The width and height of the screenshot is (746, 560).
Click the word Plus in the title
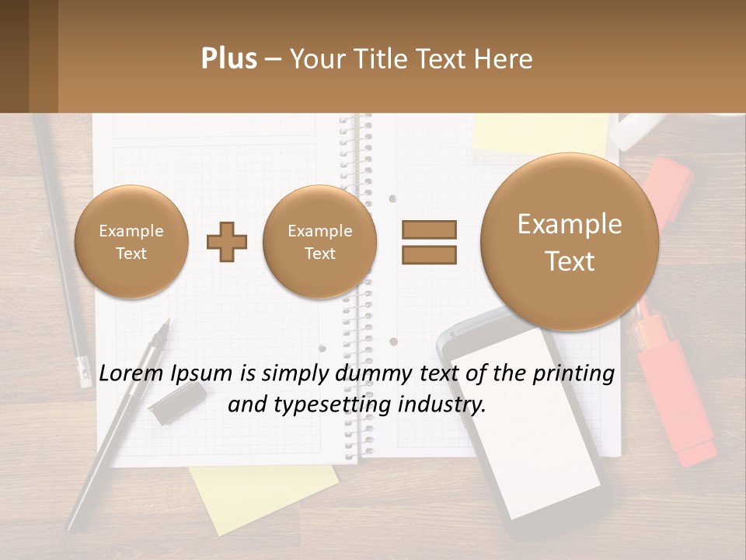tap(228, 59)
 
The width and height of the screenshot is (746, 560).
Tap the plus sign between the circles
tap(226, 242)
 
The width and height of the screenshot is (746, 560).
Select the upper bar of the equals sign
tap(429, 229)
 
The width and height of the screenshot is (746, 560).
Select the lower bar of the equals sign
tap(429, 254)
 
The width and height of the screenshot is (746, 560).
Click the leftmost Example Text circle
tap(131, 242)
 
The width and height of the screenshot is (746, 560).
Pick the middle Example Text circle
tap(319, 242)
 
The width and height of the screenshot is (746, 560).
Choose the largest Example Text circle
tap(570, 242)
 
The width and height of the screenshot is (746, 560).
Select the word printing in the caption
tap(575, 374)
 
